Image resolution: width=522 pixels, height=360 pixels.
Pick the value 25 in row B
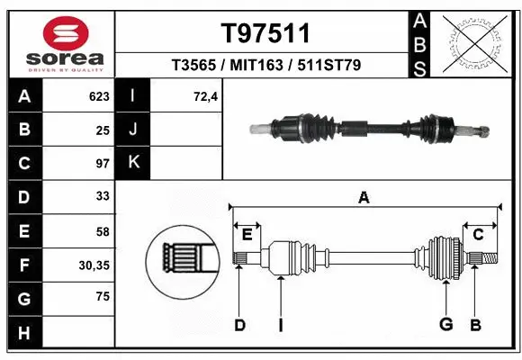click(102, 130)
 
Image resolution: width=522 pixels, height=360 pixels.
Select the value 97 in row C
click(102, 164)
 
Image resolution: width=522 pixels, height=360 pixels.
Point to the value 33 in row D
click(102, 196)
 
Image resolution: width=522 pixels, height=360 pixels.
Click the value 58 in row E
click(102, 230)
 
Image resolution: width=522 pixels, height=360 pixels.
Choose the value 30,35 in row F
click(94, 265)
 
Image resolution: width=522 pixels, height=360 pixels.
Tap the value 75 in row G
click(102, 297)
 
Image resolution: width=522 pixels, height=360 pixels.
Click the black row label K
click(133, 163)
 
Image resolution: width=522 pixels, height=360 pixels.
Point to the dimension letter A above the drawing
click(364, 198)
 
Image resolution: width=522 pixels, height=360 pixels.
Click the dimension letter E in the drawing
click(247, 235)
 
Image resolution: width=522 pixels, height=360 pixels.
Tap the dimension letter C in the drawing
click(479, 235)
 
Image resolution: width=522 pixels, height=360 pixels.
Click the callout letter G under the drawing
click(445, 324)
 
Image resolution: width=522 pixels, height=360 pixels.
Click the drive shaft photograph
click(369, 128)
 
